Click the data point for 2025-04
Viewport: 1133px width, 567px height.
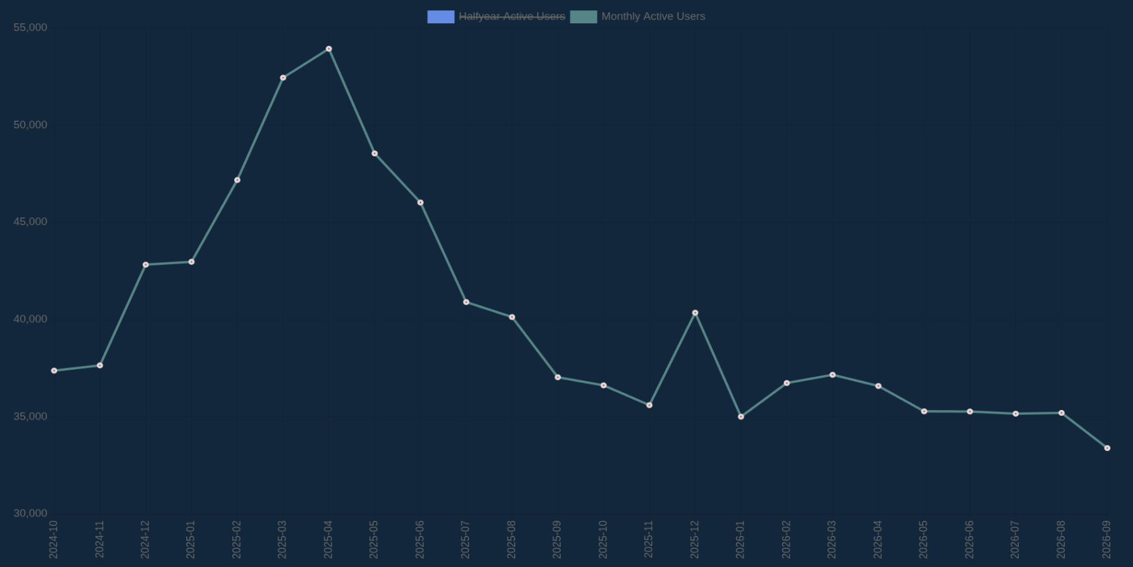pyautogui.click(x=329, y=49)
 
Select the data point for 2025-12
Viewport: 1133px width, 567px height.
pyautogui.click(x=695, y=313)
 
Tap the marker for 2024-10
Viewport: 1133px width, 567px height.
pyautogui.click(x=54, y=371)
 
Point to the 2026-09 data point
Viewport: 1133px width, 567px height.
pyautogui.click(x=1107, y=448)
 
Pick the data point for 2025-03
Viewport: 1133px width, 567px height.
pyautogui.click(x=283, y=78)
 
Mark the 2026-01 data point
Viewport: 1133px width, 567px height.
pyautogui.click(x=741, y=416)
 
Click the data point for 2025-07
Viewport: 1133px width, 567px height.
pyautogui.click(x=466, y=302)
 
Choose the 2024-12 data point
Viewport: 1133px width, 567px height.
pyautogui.click(x=145, y=265)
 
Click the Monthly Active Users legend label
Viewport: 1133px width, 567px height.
pyautogui.click(x=653, y=16)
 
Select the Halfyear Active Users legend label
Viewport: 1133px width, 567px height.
pyautogui.click(x=512, y=16)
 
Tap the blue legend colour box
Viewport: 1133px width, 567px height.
pyautogui.click(x=441, y=17)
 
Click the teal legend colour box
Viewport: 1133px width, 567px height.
pyautogui.click(x=583, y=17)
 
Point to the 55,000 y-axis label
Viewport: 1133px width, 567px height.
pyautogui.click(x=30, y=27)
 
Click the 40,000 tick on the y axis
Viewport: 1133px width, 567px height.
pyautogui.click(x=30, y=319)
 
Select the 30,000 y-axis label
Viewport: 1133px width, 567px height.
pyautogui.click(x=30, y=513)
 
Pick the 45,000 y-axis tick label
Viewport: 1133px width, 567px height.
pyautogui.click(x=30, y=222)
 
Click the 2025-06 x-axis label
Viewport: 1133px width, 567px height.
pyautogui.click(x=420, y=539)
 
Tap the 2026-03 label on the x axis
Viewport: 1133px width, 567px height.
pyautogui.click(x=832, y=539)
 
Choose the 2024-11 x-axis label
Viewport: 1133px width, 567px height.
pyautogui.click(x=99, y=539)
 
